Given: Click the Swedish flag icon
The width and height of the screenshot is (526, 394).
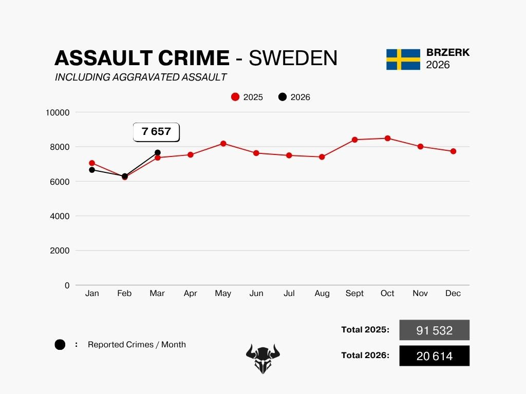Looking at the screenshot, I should (x=403, y=60).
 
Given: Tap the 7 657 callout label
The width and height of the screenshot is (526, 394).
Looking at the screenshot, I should (x=156, y=132).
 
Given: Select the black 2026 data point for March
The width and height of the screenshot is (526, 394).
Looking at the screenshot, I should (x=158, y=153).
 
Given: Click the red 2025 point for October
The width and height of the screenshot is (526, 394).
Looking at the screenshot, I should (x=387, y=138).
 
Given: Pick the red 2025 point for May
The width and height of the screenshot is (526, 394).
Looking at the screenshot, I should (x=223, y=144).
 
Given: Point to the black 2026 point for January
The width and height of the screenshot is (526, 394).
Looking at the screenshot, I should (x=92, y=170).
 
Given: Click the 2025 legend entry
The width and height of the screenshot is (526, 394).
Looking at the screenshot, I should (x=247, y=97).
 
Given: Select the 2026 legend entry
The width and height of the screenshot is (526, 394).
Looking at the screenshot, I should (x=294, y=97).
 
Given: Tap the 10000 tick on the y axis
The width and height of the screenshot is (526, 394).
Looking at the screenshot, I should (x=58, y=112).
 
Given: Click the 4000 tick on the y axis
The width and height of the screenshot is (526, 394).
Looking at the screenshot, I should (x=60, y=216).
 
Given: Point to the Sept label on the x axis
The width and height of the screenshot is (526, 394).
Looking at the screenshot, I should (x=354, y=293).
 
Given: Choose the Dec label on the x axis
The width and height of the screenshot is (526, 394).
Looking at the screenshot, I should (x=453, y=293).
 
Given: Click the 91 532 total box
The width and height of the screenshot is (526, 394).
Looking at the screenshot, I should (x=434, y=330).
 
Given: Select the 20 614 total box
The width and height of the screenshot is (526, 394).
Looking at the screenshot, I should (x=434, y=356).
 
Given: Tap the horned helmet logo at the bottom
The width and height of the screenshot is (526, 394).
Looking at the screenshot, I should (x=263, y=358).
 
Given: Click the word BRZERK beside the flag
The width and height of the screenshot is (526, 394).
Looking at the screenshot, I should (x=448, y=53).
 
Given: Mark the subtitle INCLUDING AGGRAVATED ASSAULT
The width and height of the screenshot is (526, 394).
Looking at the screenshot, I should (x=141, y=77).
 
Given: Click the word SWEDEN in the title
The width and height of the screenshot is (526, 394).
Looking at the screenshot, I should (x=293, y=58).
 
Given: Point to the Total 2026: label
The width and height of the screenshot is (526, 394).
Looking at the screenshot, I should (x=365, y=355).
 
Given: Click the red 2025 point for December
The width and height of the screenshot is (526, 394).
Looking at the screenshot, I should (x=453, y=151).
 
